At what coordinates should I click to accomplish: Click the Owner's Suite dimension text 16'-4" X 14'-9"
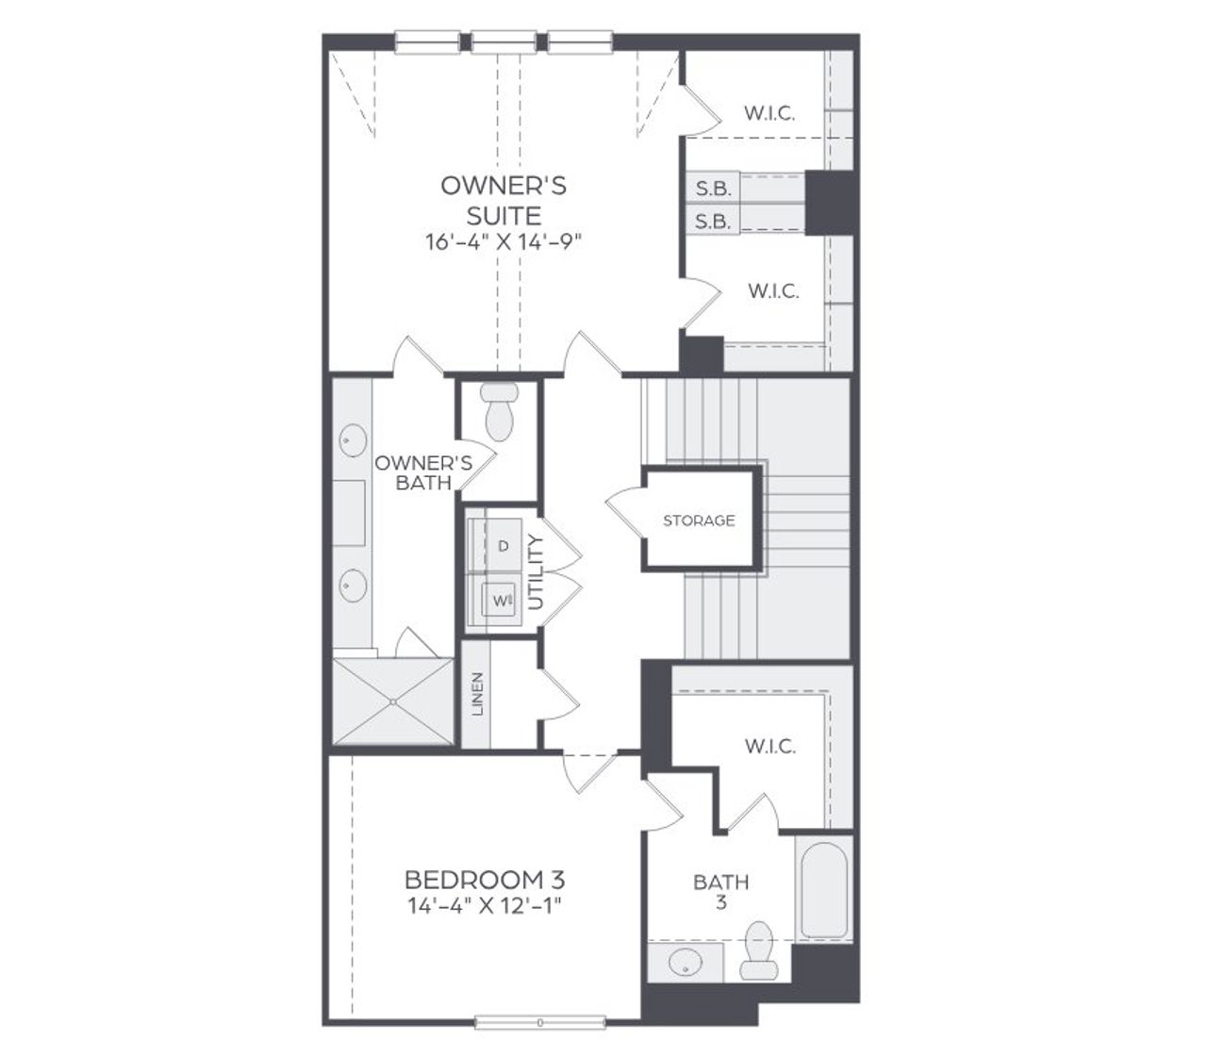click(x=504, y=242)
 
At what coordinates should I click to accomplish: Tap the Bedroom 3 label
click(x=485, y=881)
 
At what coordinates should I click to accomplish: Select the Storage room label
click(x=699, y=520)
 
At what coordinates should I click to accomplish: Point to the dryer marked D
click(x=503, y=546)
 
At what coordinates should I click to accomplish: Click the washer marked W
click(x=499, y=598)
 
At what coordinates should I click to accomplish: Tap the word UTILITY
click(x=537, y=571)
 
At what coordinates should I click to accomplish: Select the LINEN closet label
click(x=477, y=693)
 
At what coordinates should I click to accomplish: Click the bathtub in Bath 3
click(x=823, y=887)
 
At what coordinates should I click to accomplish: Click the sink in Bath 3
click(x=685, y=965)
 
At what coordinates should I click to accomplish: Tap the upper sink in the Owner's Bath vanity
click(x=353, y=440)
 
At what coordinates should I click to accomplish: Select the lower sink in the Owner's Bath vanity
click(x=353, y=587)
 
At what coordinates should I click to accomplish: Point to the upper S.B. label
click(x=714, y=189)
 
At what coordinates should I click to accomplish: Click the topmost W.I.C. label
click(x=769, y=114)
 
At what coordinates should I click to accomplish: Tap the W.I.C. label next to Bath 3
click(x=769, y=747)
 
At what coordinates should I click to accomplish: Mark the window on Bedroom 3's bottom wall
click(x=540, y=1021)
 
